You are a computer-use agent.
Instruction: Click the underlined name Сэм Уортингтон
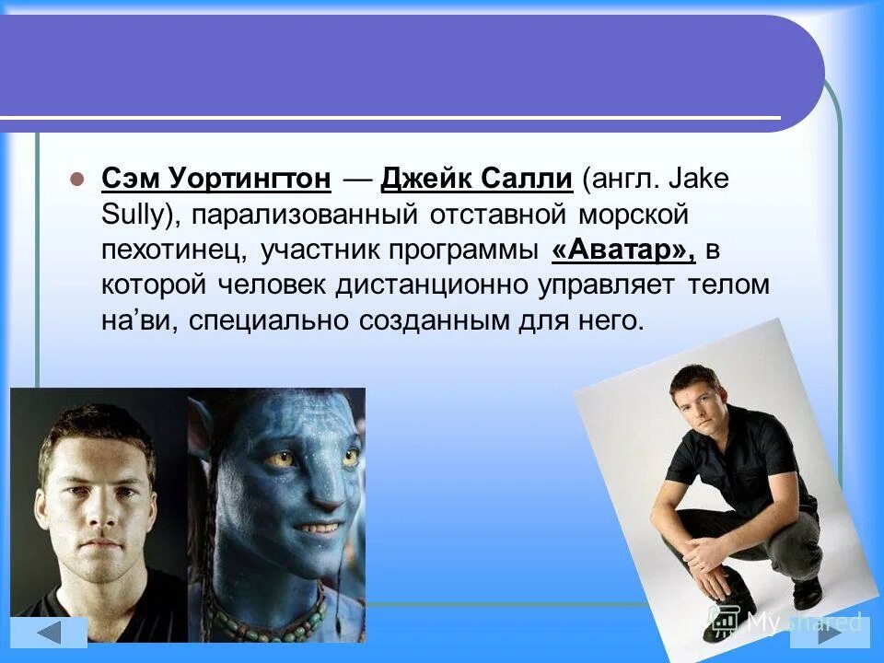click(215, 179)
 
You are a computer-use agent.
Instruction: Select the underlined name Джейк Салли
click(477, 179)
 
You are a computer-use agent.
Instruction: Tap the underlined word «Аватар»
click(622, 250)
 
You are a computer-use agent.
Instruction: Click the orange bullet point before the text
click(77, 179)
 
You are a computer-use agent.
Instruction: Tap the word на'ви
click(129, 321)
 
